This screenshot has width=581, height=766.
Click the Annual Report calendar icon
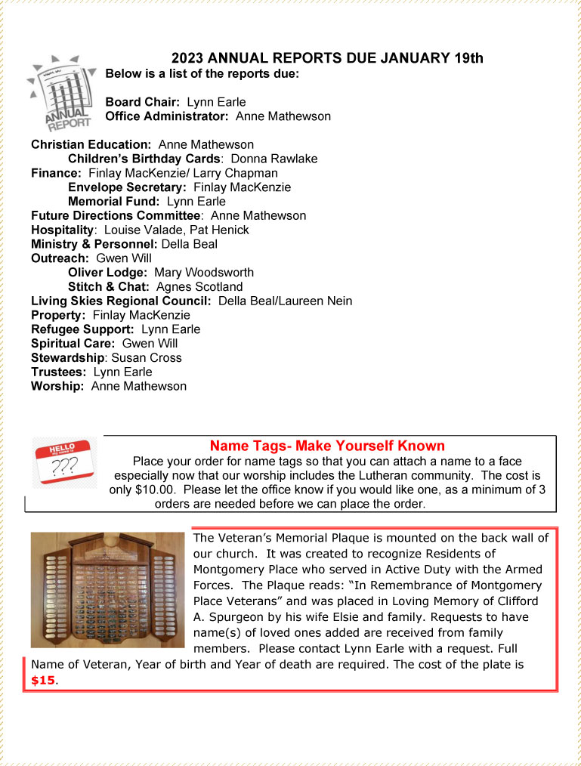[x=60, y=92]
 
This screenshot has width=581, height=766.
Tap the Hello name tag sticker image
[x=64, y=462]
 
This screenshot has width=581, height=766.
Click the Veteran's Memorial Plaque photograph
[x=107, y=590]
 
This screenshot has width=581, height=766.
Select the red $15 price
[x=43, y=680]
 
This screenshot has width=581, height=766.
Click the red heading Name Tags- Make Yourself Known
[x=327, y=446]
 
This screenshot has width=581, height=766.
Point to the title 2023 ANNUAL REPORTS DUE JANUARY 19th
[x=327, y=58]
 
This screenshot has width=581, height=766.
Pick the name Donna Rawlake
[x=274, y=159]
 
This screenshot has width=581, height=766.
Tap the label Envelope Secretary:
[x=127, y=187]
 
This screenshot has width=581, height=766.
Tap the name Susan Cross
[x=147, y=357]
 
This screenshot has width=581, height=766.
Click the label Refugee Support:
[x=82, y=329]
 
